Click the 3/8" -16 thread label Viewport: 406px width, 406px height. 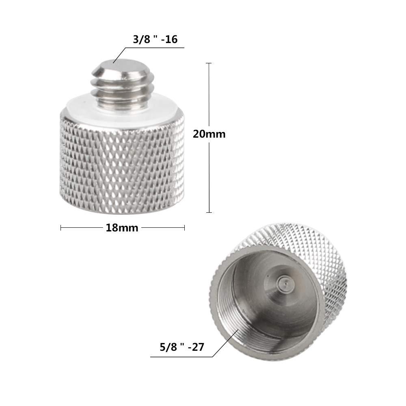coord(155,40)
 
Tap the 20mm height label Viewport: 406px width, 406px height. coord(209,134)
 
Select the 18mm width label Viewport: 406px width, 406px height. coord(122,228)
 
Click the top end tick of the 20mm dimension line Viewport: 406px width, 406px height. coord(209,63)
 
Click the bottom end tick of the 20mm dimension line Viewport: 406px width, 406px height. coord(209,212)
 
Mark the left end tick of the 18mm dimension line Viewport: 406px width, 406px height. coord(61,228)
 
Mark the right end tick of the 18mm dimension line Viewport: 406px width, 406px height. coord(184,228)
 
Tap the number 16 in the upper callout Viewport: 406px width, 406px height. coord(172,40)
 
